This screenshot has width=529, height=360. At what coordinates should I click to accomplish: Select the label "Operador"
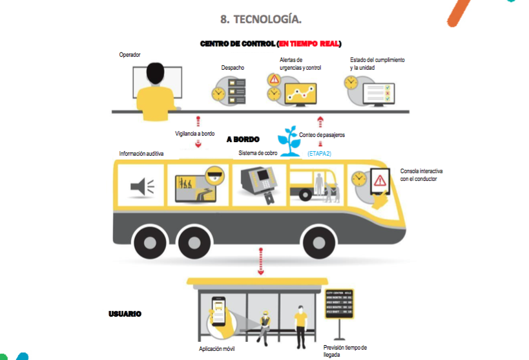click(x=130, y=55)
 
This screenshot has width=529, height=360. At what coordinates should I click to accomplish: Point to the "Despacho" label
click(x=233, y=67)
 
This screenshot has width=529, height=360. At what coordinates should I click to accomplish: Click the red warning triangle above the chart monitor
click(x=275, y=79)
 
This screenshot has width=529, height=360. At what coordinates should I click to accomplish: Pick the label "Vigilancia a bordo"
click(x=195, y=134)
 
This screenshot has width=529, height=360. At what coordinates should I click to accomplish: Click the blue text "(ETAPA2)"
click(x=319, y=153)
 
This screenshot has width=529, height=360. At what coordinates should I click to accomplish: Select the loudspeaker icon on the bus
click(x=142, y=187)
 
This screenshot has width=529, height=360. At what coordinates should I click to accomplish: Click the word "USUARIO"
click(x=125, y=314)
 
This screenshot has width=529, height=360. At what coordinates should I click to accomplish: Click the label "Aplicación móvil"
click(x=216, y=349)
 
